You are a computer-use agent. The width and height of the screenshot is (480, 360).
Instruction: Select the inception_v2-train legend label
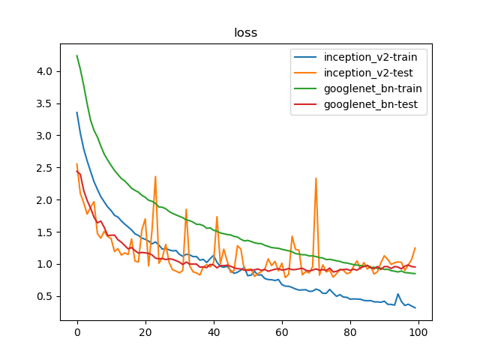[370, 56]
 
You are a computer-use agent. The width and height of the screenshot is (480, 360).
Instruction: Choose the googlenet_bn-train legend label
[372, 90]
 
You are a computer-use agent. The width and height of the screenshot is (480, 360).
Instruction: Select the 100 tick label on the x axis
[418, 333]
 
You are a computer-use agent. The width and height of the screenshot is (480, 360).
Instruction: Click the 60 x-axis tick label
[282, 333]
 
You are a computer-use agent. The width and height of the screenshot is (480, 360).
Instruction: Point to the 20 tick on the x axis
[145, 333]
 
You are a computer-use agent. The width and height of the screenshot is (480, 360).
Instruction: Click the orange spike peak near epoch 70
[316, 178]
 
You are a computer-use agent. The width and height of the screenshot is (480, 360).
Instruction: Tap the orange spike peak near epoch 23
[155, 176]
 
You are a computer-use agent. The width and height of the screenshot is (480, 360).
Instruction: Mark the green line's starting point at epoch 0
[76, 55]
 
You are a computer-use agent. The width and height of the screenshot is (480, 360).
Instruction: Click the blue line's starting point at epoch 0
[76, 112]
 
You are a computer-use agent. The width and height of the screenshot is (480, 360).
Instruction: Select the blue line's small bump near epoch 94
[397, 294]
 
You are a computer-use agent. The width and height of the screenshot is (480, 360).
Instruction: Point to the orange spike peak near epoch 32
[186, 209]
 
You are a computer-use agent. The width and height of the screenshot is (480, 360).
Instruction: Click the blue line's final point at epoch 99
[415, 307]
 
